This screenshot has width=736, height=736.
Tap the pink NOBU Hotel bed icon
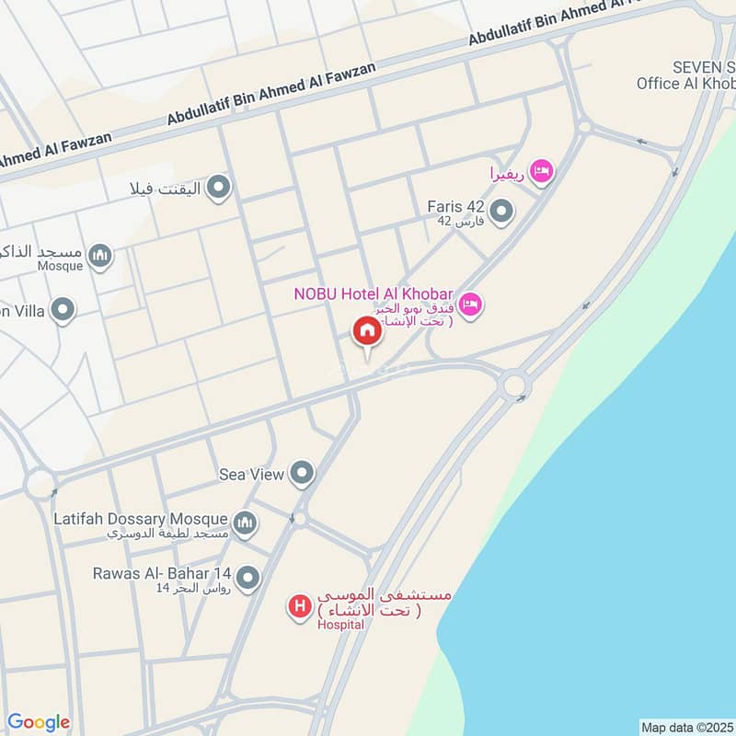(470, 304)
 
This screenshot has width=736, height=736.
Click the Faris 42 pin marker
(501, 213)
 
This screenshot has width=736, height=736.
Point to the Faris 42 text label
(455, 207)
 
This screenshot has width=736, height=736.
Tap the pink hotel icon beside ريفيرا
(543, 170)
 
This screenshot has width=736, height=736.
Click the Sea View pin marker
(302, 474)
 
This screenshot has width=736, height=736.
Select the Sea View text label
(251, 475)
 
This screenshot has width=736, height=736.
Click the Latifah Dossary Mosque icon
(244, 523)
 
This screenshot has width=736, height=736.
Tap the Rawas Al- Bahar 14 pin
(247, 579)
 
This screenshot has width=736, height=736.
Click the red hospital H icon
(299, 606)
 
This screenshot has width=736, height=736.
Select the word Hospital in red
(340, 625)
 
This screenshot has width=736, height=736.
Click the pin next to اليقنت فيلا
(218, 189)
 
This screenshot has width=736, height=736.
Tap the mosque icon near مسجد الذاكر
(100, 255)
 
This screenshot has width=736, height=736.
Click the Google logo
(38, 722)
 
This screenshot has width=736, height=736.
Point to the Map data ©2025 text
(685, 727)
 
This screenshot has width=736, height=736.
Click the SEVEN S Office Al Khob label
(685, 75)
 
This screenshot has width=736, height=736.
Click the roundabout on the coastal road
(513, 383)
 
